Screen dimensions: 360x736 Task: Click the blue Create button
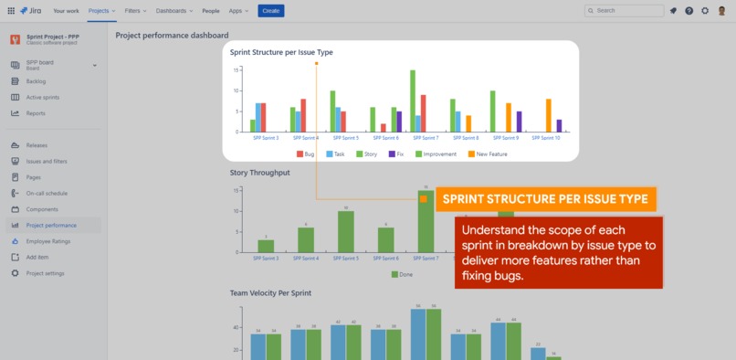[270, 10]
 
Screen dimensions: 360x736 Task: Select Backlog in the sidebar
[36, 81]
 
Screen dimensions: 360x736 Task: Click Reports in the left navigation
[36, 113]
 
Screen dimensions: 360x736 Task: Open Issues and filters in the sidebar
[46, 161]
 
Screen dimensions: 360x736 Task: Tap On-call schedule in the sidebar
[47, 193]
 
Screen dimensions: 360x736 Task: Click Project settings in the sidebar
[45, 273]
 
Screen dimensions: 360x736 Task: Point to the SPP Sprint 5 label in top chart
[344, 138]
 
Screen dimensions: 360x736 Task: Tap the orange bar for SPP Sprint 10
[549, 115]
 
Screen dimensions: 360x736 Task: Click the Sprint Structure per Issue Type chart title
[281, 52]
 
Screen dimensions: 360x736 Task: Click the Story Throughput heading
[259, 173]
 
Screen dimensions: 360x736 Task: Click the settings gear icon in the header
[704, 10]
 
